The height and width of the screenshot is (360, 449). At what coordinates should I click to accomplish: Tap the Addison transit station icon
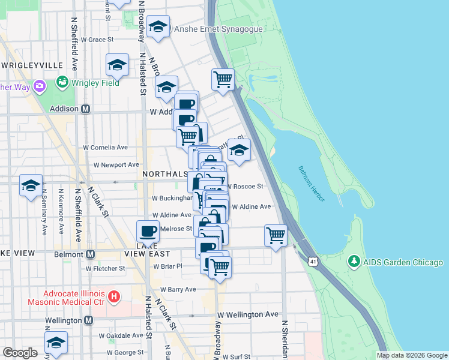[x=85, y=109]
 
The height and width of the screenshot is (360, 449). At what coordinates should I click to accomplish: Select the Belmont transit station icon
[x=90, y=254]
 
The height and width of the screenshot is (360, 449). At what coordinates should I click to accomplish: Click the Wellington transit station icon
[x=88, y=320]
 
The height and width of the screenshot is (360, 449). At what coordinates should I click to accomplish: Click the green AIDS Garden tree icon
[x=354, y=262]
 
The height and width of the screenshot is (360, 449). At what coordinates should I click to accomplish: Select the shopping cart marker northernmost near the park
[x=223, y=79]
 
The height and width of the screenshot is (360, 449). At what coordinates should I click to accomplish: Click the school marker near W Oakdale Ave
[x=56, y=342]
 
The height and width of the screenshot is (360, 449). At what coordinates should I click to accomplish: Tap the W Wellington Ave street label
[x=248, y=314]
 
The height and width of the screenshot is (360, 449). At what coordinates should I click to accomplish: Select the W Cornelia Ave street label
[x=106, y=147]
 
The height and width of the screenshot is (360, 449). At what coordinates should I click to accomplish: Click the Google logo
[x=20, y=353]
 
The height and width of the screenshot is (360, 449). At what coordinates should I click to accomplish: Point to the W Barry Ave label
[x=174, y=289]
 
